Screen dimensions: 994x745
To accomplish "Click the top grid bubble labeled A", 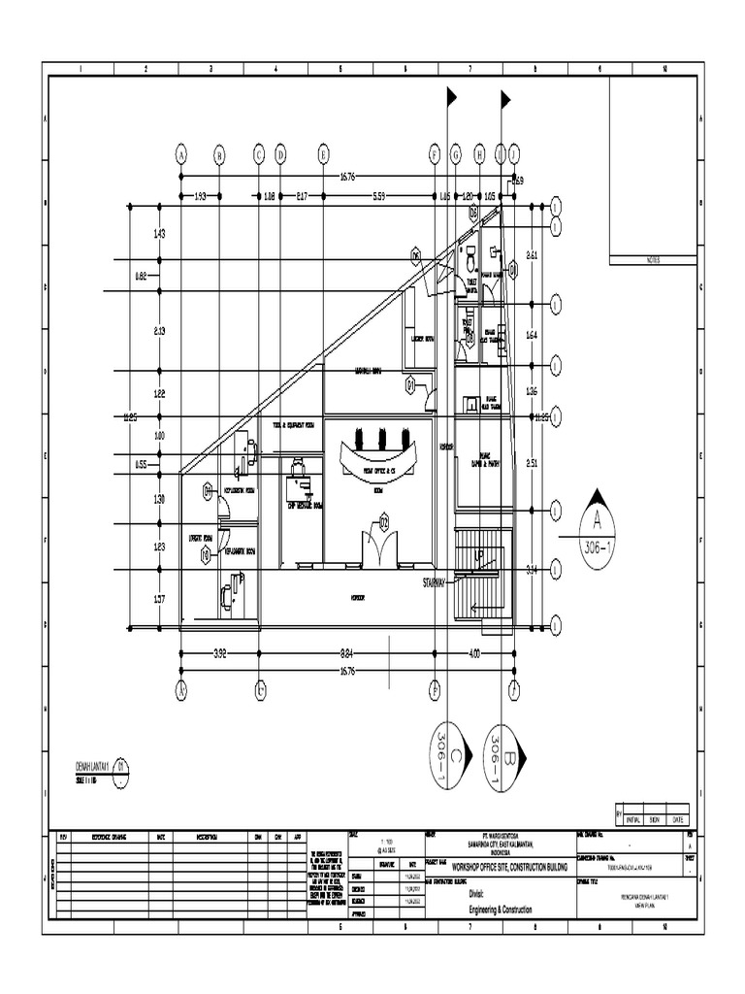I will (x=180, y=153).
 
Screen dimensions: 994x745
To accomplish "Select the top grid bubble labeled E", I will (x=324, y=153).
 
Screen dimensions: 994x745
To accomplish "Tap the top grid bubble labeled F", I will (x=435, y=153).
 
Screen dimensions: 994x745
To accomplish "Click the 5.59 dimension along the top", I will (x=379, y=196).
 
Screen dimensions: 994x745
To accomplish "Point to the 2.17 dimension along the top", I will (x=302, y=196).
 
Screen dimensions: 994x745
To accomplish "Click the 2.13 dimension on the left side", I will (x=160, y=331).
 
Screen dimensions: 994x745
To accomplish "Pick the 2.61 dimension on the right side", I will (x=532, y=255).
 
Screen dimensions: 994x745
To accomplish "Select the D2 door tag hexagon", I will (x=384, y=522).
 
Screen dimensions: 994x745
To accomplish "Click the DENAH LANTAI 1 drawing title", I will (x=94, y=766).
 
